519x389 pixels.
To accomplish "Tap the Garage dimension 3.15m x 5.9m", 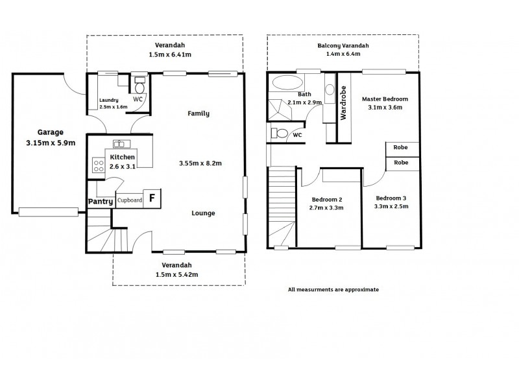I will click(x=51, y=143).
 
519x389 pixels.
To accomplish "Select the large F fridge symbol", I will click(x=152, y=198).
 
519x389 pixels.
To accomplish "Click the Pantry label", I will click(x=101, y=202).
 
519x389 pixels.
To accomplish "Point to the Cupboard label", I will click(x=130, y=200).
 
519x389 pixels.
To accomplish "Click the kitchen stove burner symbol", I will click(x=99, y=165).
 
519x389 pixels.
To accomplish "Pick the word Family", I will click(x=199, y=113).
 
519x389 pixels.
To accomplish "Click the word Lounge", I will click(x=203, y=213).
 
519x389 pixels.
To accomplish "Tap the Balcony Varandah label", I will click(x=343, y=45).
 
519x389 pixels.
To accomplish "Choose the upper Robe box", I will click(x=401, y=147).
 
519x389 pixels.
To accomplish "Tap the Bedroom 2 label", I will click(x=327, y=200).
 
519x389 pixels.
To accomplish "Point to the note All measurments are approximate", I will click(x=333, y=290).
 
